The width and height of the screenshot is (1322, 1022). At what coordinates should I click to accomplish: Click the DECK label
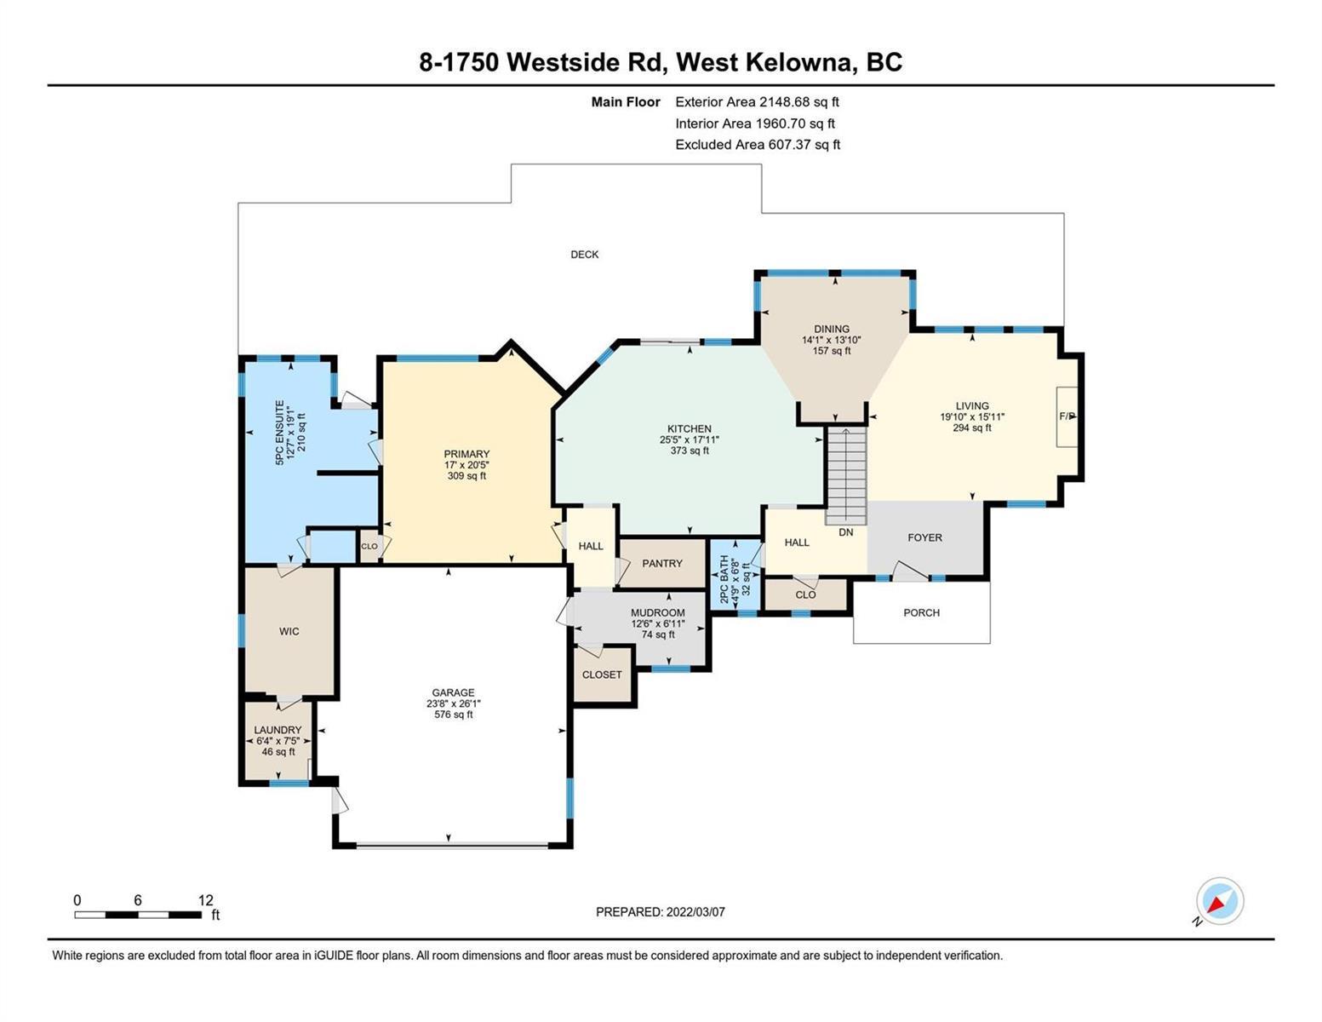point(584,255)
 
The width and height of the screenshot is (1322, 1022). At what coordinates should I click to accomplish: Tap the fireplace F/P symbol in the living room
point(1067,416)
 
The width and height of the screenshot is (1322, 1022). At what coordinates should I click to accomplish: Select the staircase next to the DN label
point(845,475)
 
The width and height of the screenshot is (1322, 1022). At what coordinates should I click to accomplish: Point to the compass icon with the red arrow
point(1219,901)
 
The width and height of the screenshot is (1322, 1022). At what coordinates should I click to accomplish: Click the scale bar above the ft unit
point(138,914)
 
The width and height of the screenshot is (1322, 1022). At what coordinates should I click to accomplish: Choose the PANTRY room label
point(662,564)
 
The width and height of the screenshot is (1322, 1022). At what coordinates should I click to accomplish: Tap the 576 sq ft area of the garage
point(453,714)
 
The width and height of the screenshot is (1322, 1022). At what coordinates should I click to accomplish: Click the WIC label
point(289,631)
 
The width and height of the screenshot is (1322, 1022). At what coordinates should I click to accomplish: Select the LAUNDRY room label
point(278,730)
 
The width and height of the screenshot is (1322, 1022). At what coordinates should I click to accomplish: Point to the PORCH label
point(921,612)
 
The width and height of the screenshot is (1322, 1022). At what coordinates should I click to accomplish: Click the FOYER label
point(924,537)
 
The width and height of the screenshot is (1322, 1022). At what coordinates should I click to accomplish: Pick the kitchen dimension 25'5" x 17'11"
point(690,439)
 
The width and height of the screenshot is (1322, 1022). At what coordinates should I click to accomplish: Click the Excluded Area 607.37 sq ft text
point(758,145)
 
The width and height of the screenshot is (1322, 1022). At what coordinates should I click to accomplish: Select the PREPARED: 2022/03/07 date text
point(660,912)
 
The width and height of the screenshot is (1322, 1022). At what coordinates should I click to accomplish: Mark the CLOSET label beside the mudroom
point(602,675)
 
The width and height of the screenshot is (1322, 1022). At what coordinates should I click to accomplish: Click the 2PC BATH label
point(724,579)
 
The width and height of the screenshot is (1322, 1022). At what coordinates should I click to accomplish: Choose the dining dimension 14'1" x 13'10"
point(831,341)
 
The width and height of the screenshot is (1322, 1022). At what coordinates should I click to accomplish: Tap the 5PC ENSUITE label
point(279,433)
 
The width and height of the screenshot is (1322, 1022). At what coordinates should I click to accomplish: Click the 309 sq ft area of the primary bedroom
point(466,476)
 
